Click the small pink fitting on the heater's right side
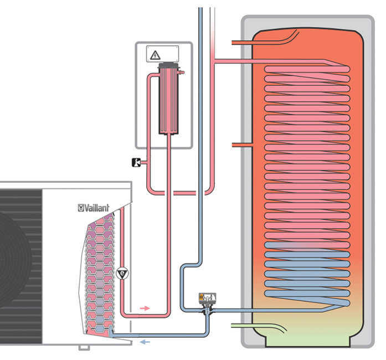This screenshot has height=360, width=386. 181,71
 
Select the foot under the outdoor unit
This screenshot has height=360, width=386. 83,348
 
